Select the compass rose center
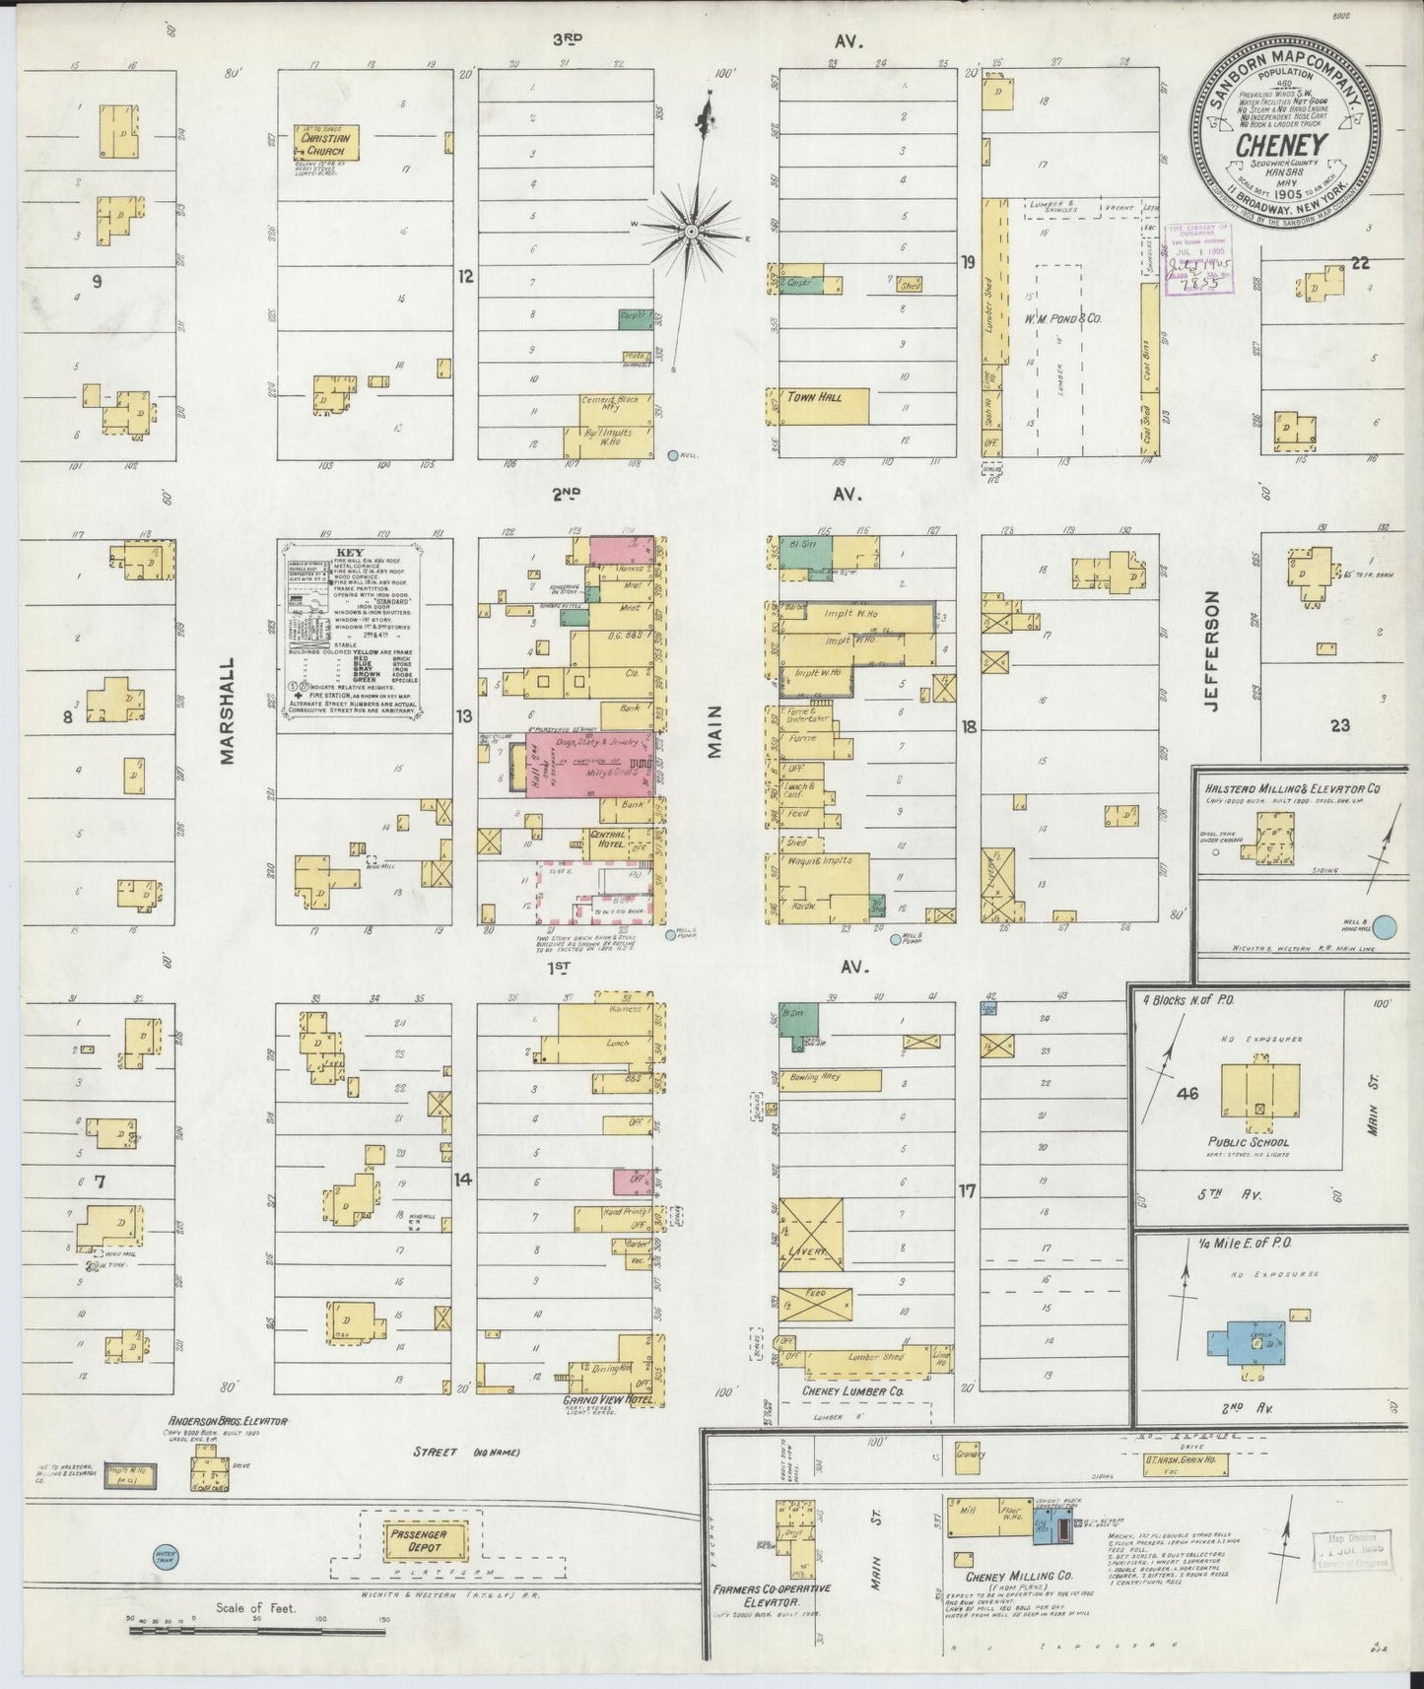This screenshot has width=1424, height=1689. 692,230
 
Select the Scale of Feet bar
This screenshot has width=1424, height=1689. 212,1632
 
